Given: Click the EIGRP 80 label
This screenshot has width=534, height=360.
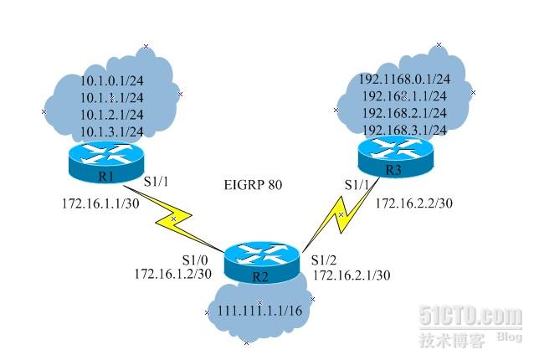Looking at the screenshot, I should [254, 185].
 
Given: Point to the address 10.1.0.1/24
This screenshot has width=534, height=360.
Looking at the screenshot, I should [111, 81].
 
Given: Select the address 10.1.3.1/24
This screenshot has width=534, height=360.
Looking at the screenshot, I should [111, 131].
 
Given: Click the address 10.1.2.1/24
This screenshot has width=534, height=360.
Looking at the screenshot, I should [111, 115].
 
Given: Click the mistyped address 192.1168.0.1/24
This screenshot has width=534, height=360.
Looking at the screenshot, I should [404, 80].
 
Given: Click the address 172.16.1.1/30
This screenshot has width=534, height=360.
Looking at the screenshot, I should [95, 203].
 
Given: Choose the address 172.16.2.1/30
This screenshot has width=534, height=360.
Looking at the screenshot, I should [352, 275].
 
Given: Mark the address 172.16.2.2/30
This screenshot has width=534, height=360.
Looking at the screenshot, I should [413, 203].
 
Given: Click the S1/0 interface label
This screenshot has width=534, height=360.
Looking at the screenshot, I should [194, 260].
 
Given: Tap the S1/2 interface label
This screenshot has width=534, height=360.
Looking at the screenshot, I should [324, 260].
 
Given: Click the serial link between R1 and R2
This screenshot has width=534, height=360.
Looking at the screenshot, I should [174, 220].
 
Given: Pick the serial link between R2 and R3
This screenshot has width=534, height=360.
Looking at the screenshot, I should [339, 219].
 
